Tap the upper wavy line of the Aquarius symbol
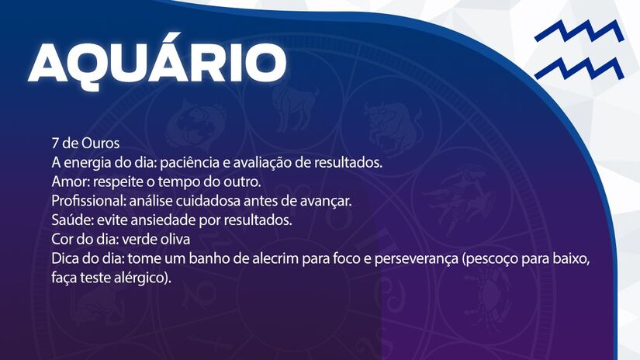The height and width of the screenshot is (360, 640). click(578, 33)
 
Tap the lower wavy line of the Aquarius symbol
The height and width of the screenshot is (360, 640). click(578, 69)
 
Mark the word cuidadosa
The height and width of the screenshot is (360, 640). click(213, 201)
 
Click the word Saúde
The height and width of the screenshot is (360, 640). click(71, 220)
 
